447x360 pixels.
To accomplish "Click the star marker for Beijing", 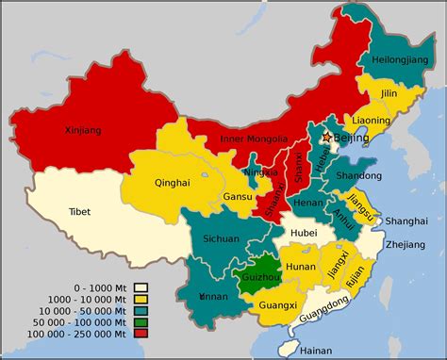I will click(x=327, y=138).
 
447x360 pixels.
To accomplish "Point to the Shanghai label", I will click(x=406, y=221).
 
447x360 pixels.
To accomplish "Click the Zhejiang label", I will click(x=406, y=244).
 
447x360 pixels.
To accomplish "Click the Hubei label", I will click(x=303, y=232).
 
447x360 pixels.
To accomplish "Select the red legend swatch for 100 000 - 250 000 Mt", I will click(x=141, y=332).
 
